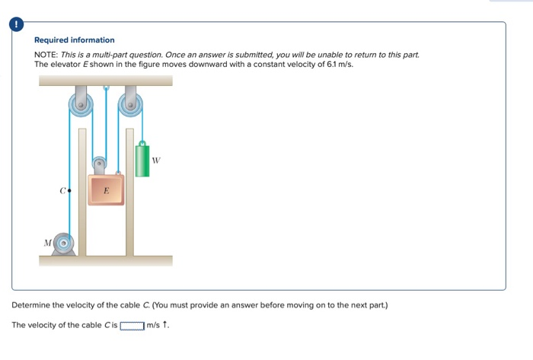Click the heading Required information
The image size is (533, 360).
75,40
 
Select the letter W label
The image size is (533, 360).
157,160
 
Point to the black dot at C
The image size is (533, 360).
70,190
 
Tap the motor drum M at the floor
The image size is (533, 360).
66,244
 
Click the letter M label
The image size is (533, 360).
48,244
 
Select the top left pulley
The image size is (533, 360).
81,105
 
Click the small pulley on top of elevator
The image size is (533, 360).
99,163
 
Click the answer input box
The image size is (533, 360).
132,326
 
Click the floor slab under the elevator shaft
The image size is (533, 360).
106,260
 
